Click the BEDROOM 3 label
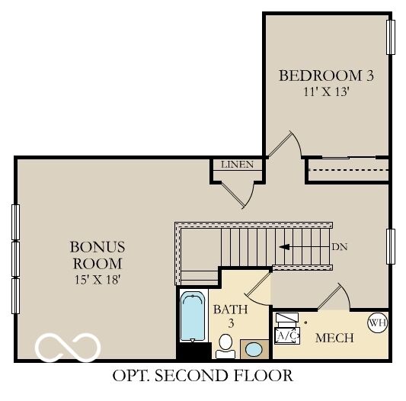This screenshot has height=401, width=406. [326, 75]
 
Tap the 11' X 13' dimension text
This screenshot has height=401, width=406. [326, 91]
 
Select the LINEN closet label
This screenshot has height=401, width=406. [237, 165]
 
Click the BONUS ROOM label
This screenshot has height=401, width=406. [97, 255]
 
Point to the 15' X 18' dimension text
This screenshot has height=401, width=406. [97, 279]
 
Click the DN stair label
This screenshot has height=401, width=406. [340, 247]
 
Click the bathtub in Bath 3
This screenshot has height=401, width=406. [193, 316]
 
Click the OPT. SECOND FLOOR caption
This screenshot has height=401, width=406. [202, 375]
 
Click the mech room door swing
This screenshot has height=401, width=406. [334, 296]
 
